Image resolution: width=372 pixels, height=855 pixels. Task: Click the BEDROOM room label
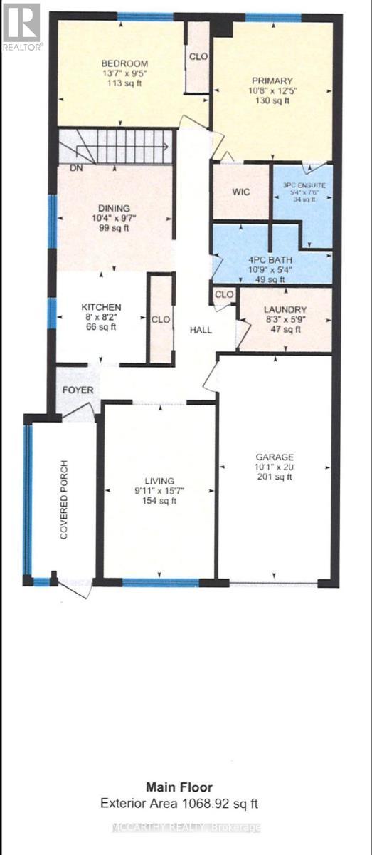coord(124,63)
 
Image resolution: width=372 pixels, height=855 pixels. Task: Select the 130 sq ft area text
coord(271,101)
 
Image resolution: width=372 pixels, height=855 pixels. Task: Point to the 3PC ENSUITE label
coord(304,186)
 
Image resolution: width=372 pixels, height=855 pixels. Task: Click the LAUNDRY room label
coord(284,309)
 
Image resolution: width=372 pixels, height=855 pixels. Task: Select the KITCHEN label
coord(101,307)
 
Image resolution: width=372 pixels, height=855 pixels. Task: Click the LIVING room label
coord(158,481)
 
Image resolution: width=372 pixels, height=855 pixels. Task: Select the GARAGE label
coord(275,457)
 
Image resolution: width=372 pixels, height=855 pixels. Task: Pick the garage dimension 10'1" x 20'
coord(275,467)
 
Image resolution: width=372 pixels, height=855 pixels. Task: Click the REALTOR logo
coord(22,26)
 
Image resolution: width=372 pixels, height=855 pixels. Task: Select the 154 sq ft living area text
coord(158,501)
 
